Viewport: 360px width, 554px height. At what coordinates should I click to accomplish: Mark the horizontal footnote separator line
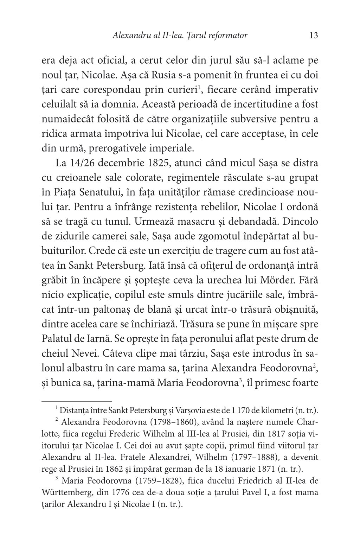77,401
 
